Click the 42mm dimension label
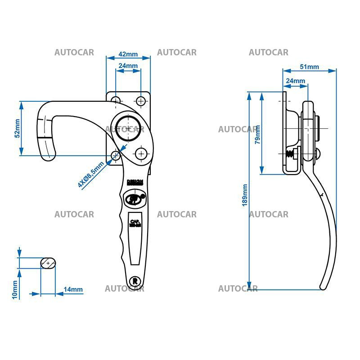click(128, 54)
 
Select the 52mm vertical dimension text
click(17, 128)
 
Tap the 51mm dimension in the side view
click(309, 67)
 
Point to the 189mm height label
click(245, 195)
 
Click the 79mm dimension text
click(257, 135)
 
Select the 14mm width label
click(73, 289)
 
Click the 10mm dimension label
click(14, 290)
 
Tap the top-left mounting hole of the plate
click(116, 100)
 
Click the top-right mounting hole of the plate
click(141, 100)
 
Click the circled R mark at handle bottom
click(135, 281)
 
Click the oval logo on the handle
click(133, 198)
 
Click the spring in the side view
click(290, 154)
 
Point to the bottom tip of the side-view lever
click(323, 287)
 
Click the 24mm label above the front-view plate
click(128, 66)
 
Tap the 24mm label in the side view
click(295, 81)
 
